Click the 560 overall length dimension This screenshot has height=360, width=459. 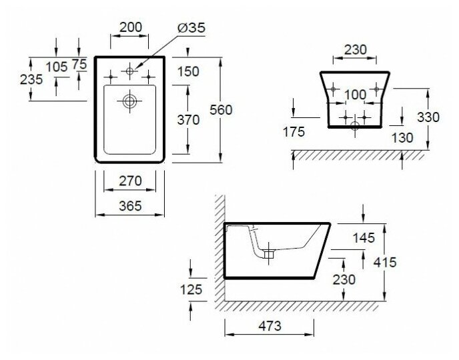(221, 110)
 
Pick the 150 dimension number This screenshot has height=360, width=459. (189, 72)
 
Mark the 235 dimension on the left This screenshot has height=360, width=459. (31, 79)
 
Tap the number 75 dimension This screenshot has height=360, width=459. (79, 64)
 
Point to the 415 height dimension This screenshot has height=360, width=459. (385, 262)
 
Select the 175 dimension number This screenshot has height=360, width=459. (293, 132)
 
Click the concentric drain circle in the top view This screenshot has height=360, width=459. (129, 101)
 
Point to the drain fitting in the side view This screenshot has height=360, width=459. (269, 254)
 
